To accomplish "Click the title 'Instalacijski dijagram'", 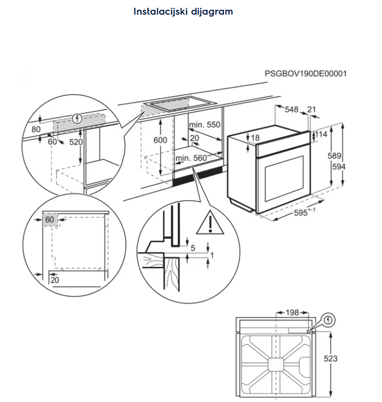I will (183, 11).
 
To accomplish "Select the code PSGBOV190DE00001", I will (306, 74).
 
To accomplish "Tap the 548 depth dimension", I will (292, 110).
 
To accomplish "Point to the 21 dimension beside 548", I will (312, 110).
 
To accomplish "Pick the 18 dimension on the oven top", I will (255, 138).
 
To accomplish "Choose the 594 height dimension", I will (338, 167).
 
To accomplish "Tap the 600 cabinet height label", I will (160, 140).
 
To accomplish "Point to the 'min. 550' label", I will (205, 125).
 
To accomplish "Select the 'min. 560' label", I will (191, 158).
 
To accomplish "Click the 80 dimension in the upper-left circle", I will (36, 129).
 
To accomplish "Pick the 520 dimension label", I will (76, 142).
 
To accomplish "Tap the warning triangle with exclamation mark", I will (209, 223).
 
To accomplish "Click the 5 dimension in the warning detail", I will (193, 248).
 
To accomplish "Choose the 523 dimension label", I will (331, 359).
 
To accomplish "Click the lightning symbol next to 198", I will (329, 320).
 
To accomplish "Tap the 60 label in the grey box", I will (49, 220).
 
